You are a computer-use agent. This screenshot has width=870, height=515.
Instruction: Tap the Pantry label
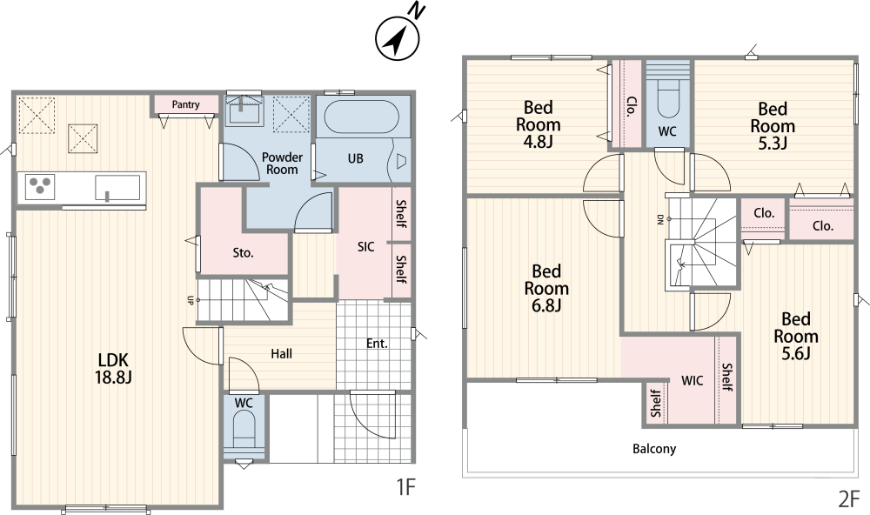[x=185, y=104]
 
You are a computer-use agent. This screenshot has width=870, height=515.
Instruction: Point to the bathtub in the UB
[x=361, y=117]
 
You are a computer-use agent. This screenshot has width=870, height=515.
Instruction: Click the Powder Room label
[x=283, y=164]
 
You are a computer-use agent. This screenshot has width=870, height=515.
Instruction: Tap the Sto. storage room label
[x=243, y=253]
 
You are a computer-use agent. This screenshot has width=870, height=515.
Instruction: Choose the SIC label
[x=365, y=246]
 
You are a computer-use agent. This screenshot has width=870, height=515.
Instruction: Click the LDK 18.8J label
[x=113, y=368]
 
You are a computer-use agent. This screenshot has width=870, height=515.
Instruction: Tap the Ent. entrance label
[x=377, y=344]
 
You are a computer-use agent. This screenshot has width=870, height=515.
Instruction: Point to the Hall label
[x=281, y=353]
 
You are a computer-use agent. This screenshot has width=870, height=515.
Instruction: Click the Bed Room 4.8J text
[x=538, y=124]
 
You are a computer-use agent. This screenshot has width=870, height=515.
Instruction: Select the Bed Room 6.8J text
[x=546, y=289]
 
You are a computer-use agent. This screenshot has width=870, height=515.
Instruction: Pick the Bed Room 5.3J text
[x=773, y=126]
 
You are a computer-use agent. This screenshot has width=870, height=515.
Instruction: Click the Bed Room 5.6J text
[x=796, y=337]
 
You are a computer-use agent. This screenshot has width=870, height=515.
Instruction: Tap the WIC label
[x=692, y=381]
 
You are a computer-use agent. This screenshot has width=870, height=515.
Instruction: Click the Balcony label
[x=654, y=448]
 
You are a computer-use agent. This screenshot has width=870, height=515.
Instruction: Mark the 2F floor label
[x=848, y=499]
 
